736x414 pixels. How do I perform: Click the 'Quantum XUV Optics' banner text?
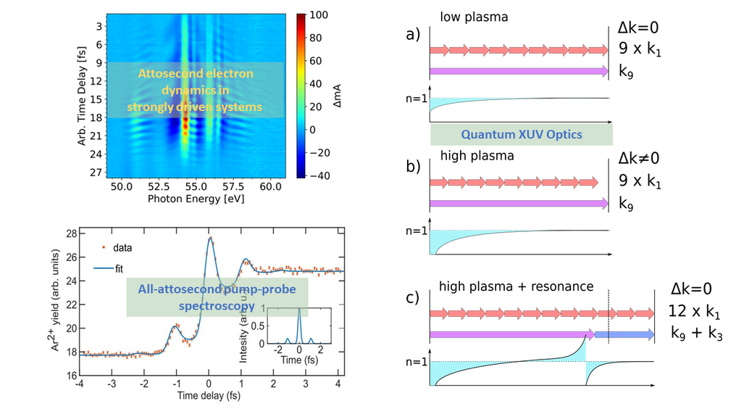coord(521,134)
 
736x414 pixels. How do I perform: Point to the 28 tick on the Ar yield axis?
coord(71,233)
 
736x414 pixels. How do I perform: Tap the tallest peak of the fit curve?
coord(209,237)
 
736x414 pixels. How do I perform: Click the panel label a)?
coord(413,34)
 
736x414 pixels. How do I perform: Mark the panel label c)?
coord(413,298)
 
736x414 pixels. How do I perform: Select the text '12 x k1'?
coord(696,312)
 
